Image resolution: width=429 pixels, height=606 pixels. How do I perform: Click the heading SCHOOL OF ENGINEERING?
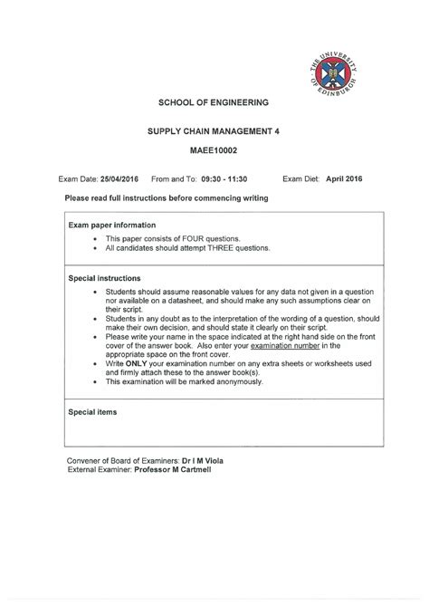214,102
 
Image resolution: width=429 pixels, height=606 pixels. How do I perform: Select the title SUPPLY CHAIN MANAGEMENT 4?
214,131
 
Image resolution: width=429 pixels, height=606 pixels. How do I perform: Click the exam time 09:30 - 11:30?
224,179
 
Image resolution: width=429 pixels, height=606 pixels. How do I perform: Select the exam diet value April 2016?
343,179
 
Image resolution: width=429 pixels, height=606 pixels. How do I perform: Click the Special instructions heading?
104,278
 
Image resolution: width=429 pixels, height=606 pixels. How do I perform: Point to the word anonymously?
238,381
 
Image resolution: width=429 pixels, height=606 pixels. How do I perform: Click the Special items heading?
92,412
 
